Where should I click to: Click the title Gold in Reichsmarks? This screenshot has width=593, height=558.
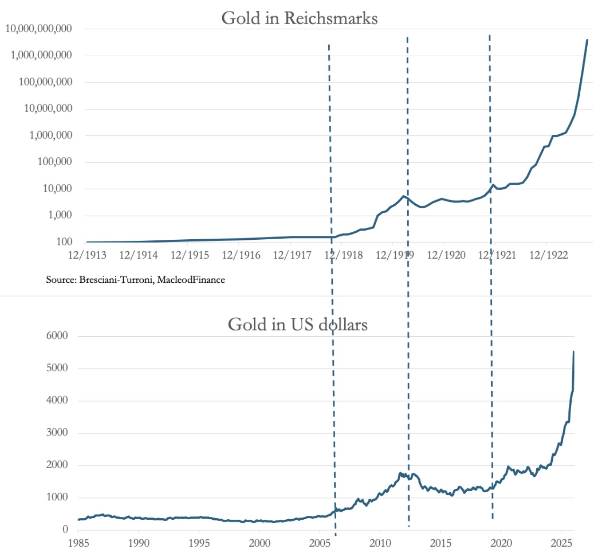coord(299,18)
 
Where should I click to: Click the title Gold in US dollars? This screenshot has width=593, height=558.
coord(297,324)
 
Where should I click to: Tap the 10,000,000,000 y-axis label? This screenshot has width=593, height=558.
coord(39,28)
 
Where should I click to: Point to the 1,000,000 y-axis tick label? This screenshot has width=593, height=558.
coord(51,135)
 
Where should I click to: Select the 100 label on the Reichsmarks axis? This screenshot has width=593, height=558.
coord(64,242)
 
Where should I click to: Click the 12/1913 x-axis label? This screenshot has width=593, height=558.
coord(87,255)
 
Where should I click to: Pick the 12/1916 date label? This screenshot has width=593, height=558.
coord(241,255)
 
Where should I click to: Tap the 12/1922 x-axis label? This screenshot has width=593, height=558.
coord(549,255)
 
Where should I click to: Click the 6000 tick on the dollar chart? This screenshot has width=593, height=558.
coord(57,336)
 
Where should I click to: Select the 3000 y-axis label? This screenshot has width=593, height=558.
coord(57,432)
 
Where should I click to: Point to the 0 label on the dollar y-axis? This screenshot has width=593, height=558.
coord(65,529)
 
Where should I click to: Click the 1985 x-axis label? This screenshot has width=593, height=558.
coord(78,543)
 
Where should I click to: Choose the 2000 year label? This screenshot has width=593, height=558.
coord(260,543)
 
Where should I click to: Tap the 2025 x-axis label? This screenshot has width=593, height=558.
coord(561,543)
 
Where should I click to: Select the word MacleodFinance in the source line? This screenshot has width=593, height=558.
coord(191,280)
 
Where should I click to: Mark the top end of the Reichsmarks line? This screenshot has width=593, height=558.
coord(587,40)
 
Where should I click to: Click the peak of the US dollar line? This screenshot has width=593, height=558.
coord(574,352)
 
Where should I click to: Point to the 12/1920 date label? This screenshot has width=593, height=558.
coord(446,255)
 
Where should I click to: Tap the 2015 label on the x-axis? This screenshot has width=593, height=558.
coord(440,543)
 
